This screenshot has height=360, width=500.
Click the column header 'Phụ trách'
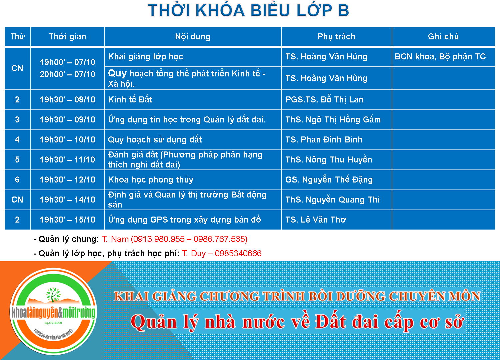(336, 37)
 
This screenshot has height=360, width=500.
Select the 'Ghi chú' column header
(443, 36)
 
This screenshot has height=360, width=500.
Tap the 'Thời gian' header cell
(67, 37)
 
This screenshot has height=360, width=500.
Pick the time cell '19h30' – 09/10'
(67, 119)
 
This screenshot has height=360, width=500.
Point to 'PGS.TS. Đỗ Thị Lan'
(324, 99)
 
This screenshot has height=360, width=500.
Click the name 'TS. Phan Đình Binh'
(324, 139)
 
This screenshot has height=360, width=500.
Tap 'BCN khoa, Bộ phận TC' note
(440, 56)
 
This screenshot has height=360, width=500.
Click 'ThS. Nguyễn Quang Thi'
(333, 200)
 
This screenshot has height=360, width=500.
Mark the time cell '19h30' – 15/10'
(67, 220)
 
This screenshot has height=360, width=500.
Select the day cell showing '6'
(17, 179)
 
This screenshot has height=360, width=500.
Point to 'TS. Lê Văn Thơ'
(316, 220)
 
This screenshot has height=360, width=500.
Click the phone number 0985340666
(238, 254)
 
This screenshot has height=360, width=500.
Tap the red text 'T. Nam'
(115, 239)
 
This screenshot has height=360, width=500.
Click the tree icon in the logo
(53, 294)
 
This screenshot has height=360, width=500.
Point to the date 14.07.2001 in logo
(53, 323)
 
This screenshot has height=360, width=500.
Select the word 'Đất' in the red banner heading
(331, 322)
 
